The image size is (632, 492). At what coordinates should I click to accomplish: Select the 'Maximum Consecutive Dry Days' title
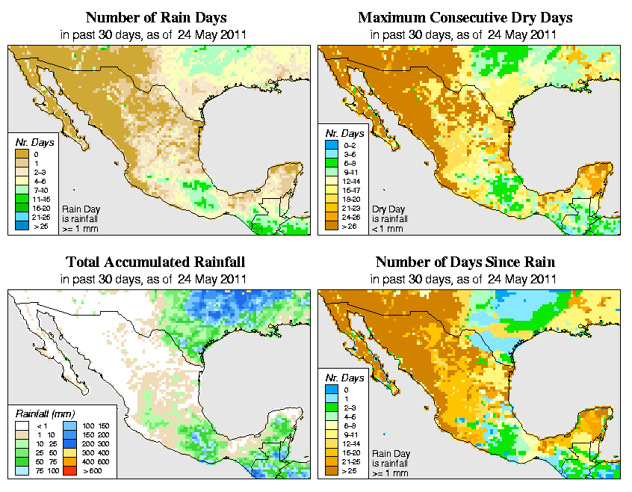pyautogui.click(x=465, y=17)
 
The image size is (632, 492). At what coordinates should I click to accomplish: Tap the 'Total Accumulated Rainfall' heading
pyautogui.click(x=155, y=262)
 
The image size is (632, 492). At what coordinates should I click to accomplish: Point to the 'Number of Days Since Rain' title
pyautogui.click(x=465, y=262)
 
